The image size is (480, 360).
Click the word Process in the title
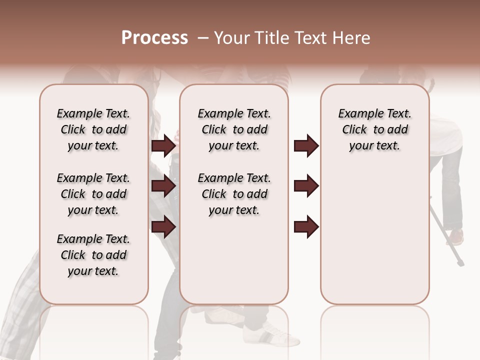point(154,38)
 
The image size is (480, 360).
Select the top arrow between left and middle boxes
point(164,145)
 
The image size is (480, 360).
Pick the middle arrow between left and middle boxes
point(164,186)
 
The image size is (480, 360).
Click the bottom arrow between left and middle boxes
point(164,226)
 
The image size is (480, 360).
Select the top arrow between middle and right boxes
point(306,145)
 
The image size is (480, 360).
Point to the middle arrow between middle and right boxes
point(306,186)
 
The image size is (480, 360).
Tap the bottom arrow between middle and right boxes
point(306,226)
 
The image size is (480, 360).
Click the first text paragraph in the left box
point(93,129)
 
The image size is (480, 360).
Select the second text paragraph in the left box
point(93,194)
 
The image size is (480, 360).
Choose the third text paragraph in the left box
point(93,255)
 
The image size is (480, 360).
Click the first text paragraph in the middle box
point(234,129)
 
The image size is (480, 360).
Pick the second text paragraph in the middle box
point(234,194)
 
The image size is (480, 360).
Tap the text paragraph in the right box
point(374,129)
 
